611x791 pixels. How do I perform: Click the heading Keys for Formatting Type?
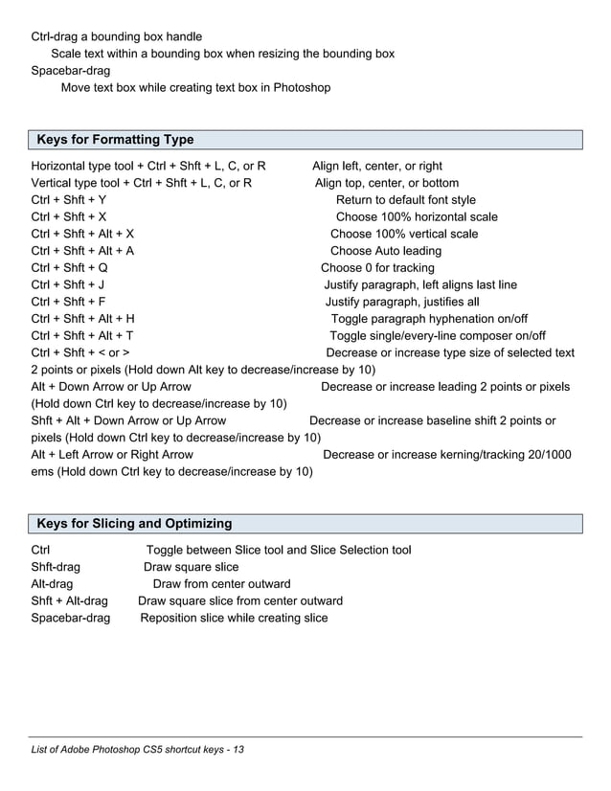(x=115, y=141)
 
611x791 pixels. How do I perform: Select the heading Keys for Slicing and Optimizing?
(x=134, y=524)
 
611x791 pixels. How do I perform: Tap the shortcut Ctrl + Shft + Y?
(x=69, y=200)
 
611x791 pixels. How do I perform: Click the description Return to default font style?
(x=405, y=200)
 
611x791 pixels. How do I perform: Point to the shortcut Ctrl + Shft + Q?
(x=69, y=268)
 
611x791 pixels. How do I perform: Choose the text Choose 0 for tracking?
(x=377, y=268)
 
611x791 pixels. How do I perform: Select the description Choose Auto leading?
(x=386, y=251)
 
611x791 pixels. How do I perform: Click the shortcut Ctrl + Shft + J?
(x=68, y=285)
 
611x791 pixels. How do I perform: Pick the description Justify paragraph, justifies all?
(x=402, y=302)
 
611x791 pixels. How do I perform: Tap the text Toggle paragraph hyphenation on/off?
(x=429, y=319)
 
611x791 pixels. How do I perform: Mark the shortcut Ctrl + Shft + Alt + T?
(x=82, y=336)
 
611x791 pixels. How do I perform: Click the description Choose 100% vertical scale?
(x=404, y=234)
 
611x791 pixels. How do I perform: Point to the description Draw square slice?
(x=185, y=567)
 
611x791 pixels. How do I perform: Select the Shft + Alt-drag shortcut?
(x=69, y=601)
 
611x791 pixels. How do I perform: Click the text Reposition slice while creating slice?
(x=234, y=619)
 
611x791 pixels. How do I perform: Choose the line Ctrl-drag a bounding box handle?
(x=117, y=36)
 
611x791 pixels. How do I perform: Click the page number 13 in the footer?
(x=238, y=749)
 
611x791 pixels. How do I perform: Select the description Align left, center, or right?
(x=377, y=166)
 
